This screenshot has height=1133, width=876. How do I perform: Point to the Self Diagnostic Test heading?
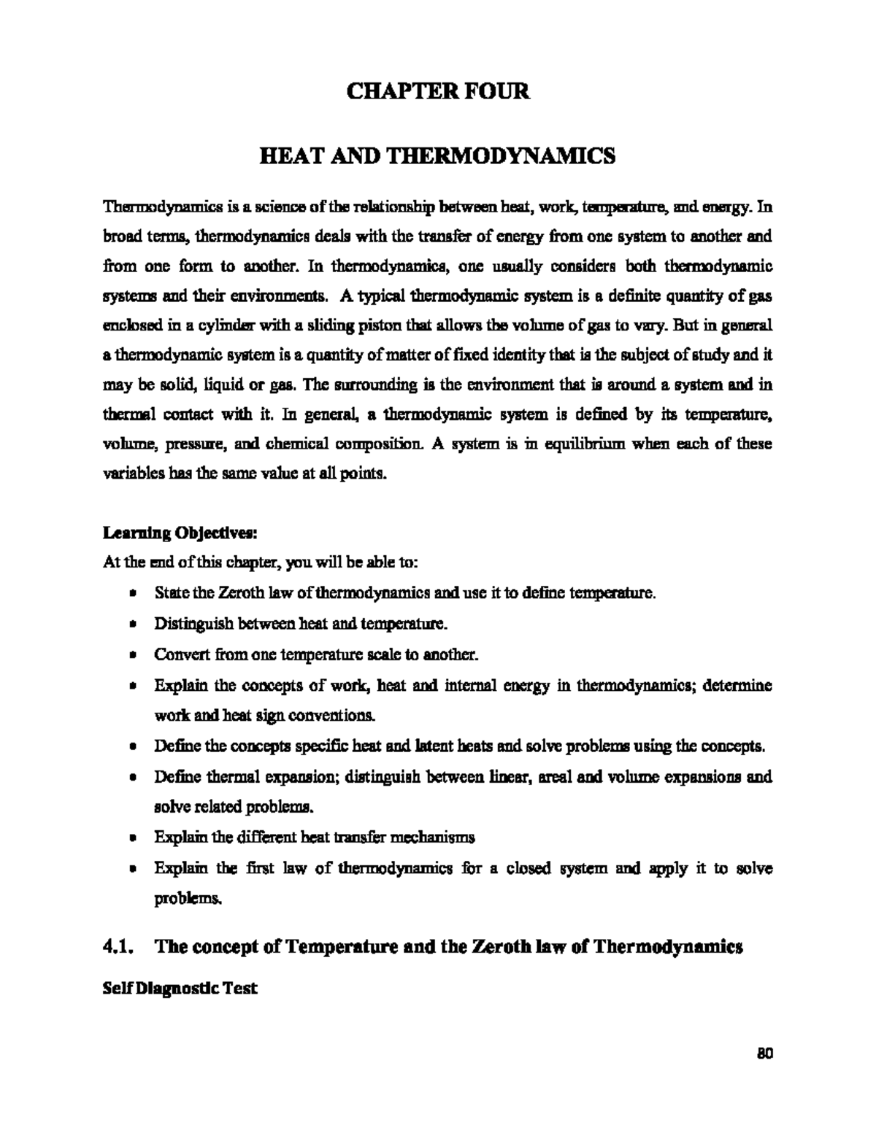pyautogui.click(x=179, y=989)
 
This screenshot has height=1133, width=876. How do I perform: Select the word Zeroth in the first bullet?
pyautogui.click(x=235, y=593)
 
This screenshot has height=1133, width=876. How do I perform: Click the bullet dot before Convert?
pyautogui.click(x=131, y=655)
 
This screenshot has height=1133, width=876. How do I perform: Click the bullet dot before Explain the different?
pyautogui.click(x=131, y=838)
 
